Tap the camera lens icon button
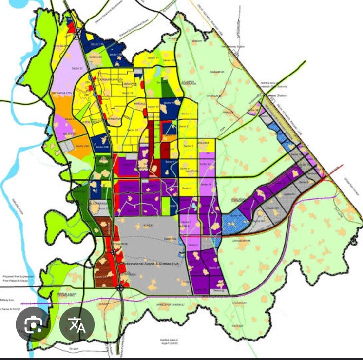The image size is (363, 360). [32, 324]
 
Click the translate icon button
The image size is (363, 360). [76, 324]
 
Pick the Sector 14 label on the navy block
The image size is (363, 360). [171, 103]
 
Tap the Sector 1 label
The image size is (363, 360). [186, 114]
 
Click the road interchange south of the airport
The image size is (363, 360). [120, 288]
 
